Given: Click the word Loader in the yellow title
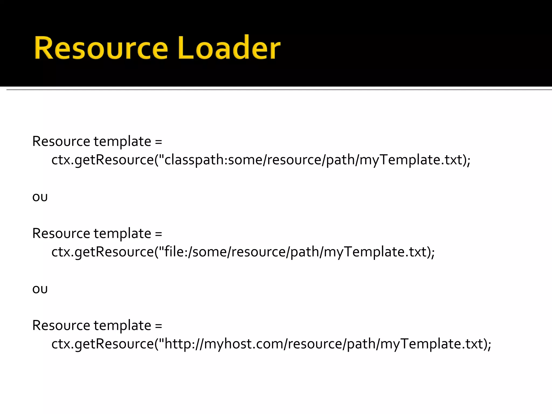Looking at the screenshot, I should coord(229,48).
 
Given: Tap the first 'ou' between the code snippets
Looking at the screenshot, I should coord(40,197).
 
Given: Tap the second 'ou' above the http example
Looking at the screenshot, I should coord(40,289).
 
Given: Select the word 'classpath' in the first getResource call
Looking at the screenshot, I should coord(196,160).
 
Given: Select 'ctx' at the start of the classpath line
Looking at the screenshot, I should coord(61,160).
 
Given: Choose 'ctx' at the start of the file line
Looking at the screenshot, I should coord(61,252).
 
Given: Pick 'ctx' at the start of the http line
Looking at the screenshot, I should coord(61,344).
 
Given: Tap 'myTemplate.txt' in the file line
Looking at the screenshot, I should coord(375,252).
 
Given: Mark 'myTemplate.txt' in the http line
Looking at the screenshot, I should coord(431,344).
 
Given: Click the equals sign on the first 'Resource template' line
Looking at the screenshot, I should coord(159,142).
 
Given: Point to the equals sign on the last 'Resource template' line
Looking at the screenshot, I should coord(159,326).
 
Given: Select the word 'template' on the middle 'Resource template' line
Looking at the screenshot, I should coord(122,233).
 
